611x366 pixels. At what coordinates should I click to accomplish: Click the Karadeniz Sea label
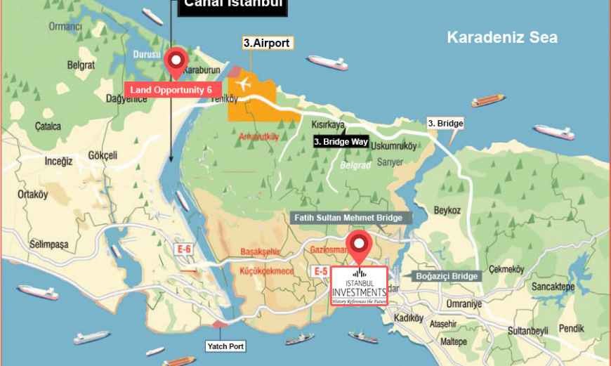coord(502,38)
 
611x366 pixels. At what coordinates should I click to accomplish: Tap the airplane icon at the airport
coord(244,84)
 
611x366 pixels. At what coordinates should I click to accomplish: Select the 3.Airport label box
coord(267,43)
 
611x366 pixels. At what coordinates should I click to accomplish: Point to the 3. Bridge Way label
coord(341,141)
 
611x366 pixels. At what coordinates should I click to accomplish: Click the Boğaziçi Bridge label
coord(446,276)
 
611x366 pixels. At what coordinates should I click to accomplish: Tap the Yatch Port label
coord(225,346)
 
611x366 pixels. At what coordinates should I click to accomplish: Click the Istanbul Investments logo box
coord(359,286)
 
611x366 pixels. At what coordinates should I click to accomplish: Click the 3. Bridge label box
coord(445,124)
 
